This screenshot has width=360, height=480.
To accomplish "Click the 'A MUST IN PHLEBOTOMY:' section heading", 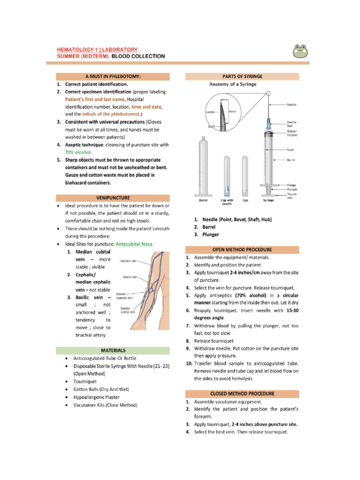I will coord(113,76).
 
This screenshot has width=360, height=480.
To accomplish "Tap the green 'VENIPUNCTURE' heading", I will coord(113,198).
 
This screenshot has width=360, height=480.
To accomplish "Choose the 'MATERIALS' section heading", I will coord(113,350).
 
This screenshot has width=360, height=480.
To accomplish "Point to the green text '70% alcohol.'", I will coord(78,152).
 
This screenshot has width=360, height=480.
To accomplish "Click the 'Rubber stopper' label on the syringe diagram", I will coord(293,133).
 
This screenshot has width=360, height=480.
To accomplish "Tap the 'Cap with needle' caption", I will coord(227,202).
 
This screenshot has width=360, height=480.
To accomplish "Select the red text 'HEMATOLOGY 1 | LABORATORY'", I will coord(97,49).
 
